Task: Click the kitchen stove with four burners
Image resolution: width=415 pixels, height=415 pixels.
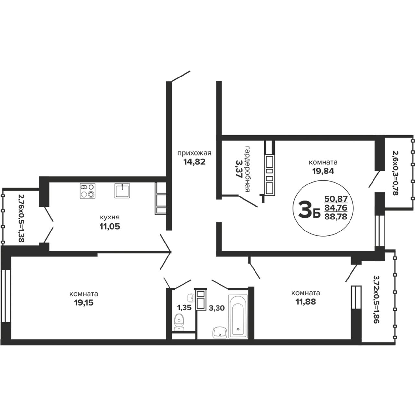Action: tap(88, 191)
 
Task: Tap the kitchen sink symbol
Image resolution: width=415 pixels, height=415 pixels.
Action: tap(122, 191)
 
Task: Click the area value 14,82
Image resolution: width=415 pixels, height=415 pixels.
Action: tap(195, 161)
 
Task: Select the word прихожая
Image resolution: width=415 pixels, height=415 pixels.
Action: tap(195, 153)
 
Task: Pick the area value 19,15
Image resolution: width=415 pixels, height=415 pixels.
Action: tap(84, 303)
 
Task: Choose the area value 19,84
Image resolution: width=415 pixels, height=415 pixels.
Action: tap(323, 171)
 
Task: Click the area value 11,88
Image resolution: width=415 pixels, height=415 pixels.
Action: tap(306, 302)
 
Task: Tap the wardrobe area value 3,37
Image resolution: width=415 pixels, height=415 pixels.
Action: tap(239, 169)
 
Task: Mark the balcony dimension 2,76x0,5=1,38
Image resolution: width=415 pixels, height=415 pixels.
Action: tap(21, 219)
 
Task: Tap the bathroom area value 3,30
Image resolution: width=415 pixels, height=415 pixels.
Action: tap(217, 308)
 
